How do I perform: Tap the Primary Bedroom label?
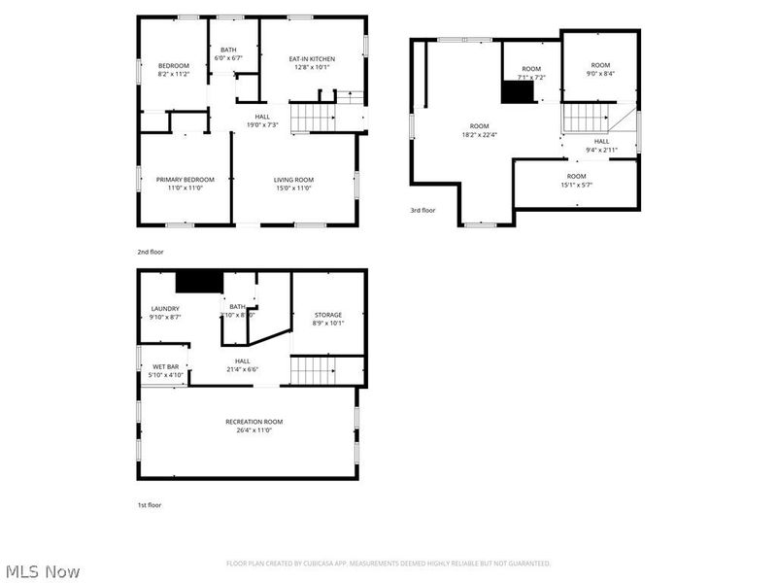(x=186, y=180)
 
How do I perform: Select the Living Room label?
(x=292, y=180)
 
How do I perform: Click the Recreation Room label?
(x=248, y=422)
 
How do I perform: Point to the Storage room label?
(x=328, y=315)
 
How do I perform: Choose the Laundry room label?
(x=165, y=309)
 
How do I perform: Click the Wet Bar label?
(x=163, y=367)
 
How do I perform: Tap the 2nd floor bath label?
(x=229, y=51)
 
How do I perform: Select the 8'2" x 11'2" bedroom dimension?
(x=174, y=74)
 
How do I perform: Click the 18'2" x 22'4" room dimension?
(x=479, y=135)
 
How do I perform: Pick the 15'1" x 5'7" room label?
(x=576, y=176)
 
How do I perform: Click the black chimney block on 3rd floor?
(x=518, y=91)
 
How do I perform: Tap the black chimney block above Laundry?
(x=199, y=282)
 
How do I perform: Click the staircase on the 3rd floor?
(x=585, y=118)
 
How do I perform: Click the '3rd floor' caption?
(x=422, y=210)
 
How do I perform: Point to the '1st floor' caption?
(x=150, y=505)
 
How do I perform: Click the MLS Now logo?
(x=43, y=571)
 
